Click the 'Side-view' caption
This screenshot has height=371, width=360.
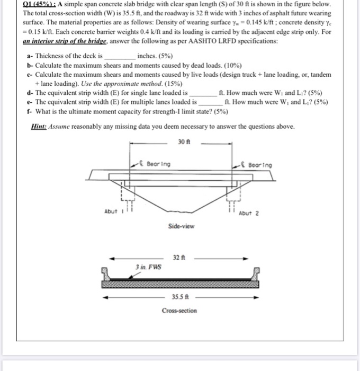coord(181,226)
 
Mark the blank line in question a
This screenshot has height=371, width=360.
coord(119,56)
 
